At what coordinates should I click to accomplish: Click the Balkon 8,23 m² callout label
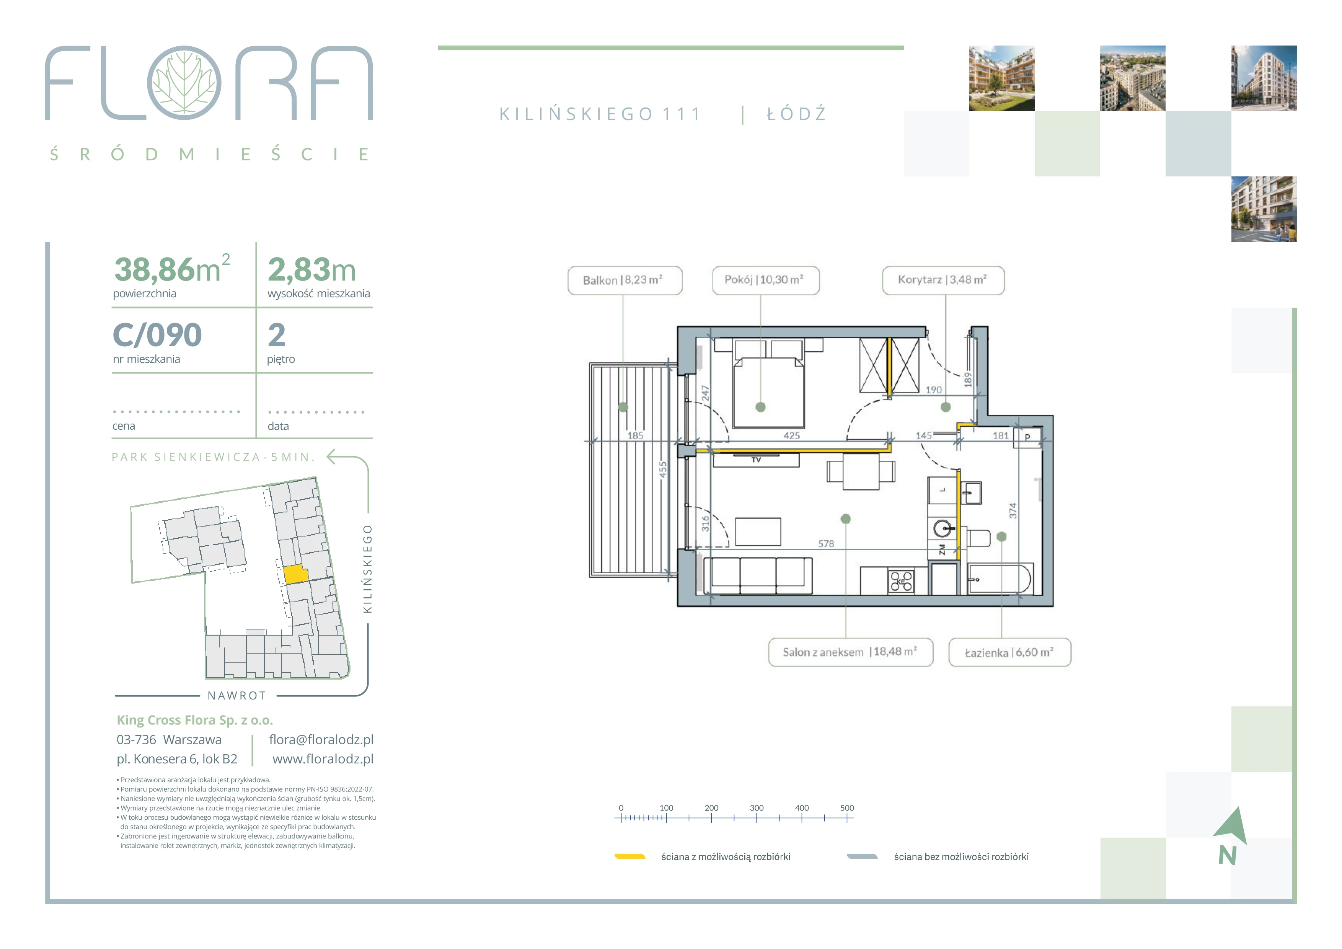[x=625, y=280]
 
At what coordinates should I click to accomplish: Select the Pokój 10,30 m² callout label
[x=766, y=280]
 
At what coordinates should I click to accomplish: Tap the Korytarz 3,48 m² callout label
[x=943, y=280]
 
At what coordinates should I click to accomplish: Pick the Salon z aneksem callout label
[x=850, y=652]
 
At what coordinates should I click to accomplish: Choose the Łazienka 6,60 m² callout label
[x=1009, y=652]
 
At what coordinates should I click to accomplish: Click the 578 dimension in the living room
[x=826, y=544]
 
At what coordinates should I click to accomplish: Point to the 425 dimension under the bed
[x=792, y=435]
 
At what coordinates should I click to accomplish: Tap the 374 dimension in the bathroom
[x=1013, y=511]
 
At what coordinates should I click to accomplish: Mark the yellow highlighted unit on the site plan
[x=296, y=574]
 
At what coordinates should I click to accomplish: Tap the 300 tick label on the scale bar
[x=757, y=808]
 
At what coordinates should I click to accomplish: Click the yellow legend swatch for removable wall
[x=629, y=857]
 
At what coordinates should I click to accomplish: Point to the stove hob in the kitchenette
[x=901, y=581]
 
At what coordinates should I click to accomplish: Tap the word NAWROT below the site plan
[x=237, y=696]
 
